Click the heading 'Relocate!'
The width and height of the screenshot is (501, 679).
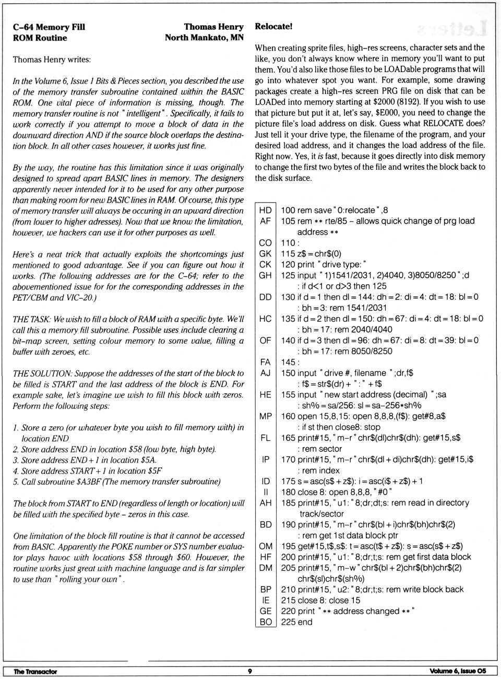pyautogui.click(x=273, y=26)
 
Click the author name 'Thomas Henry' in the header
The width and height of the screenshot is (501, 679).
pyautogui.click(x=213, y=27)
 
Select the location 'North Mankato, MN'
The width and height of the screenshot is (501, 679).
pyautogui.click(x=204, y=38)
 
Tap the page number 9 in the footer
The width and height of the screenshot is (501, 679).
pyautogui.click(x=250, y=671)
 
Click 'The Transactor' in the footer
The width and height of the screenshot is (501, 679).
pyautogui.click(x=35, y=672)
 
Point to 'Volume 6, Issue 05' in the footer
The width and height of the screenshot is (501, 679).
pyautogui.click(x=458, y=671)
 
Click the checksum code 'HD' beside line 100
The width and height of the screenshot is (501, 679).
pyautogui.click(x=265, y=210)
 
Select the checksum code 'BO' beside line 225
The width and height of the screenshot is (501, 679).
pyautogui.click(x=265, y=622)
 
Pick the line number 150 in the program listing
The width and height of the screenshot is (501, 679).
pyautogui.click(x=288, y=373)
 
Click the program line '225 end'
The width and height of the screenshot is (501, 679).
pyautogui.click(x=296, y=622)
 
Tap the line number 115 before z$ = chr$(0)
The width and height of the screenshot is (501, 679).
pyautogui.click(x=288, y=254)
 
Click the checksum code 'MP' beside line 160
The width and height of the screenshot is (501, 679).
pyautogui.click(x=265, y=416)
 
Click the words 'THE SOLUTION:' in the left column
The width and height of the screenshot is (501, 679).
pyautogui.click(x=42, y=373)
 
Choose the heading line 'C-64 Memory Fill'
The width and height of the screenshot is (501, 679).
pyautogui.click(x=49, y=27)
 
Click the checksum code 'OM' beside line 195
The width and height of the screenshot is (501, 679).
pyautogui.click(x=265, y=546)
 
